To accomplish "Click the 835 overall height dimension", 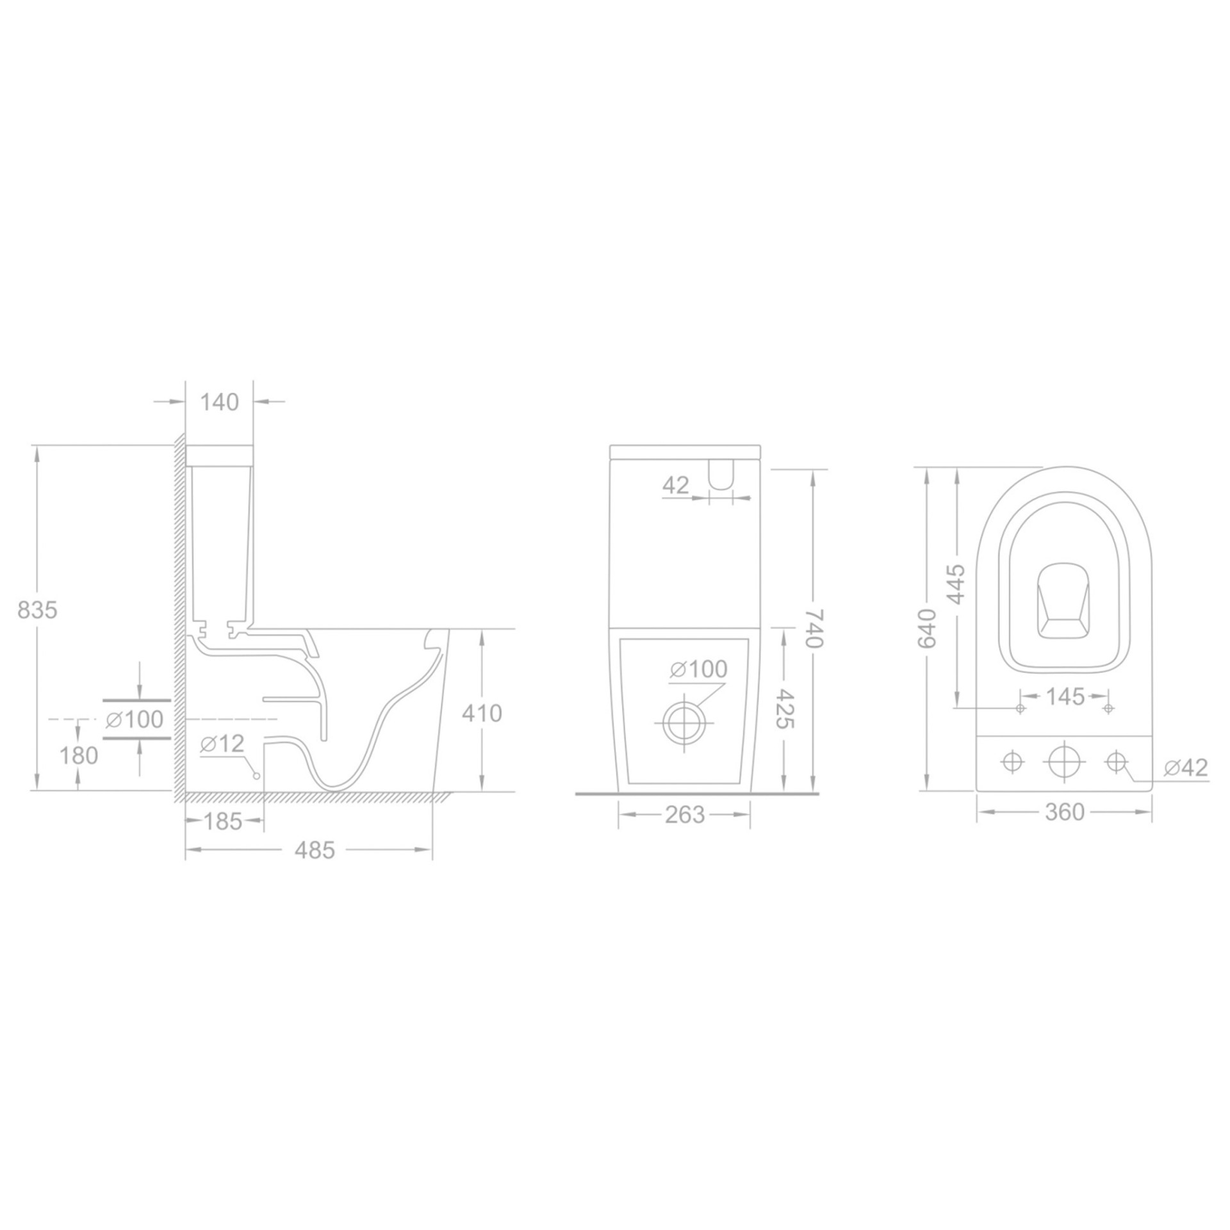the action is click(x=37, y=610).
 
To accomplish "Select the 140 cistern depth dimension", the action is click(x=219, y=402).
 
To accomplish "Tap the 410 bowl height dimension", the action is click(x=482, y=713).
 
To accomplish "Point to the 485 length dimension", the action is click(x=315, y=850).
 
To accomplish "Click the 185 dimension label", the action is click(x=224, y=821).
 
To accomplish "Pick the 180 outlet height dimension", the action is click(x=79, y=756).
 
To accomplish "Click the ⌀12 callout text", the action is click(x=222, y=744).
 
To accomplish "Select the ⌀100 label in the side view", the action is click(x=135, y=719).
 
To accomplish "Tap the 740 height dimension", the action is click(x=814, y=629).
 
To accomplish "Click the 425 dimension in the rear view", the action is click(x=785, y=709).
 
